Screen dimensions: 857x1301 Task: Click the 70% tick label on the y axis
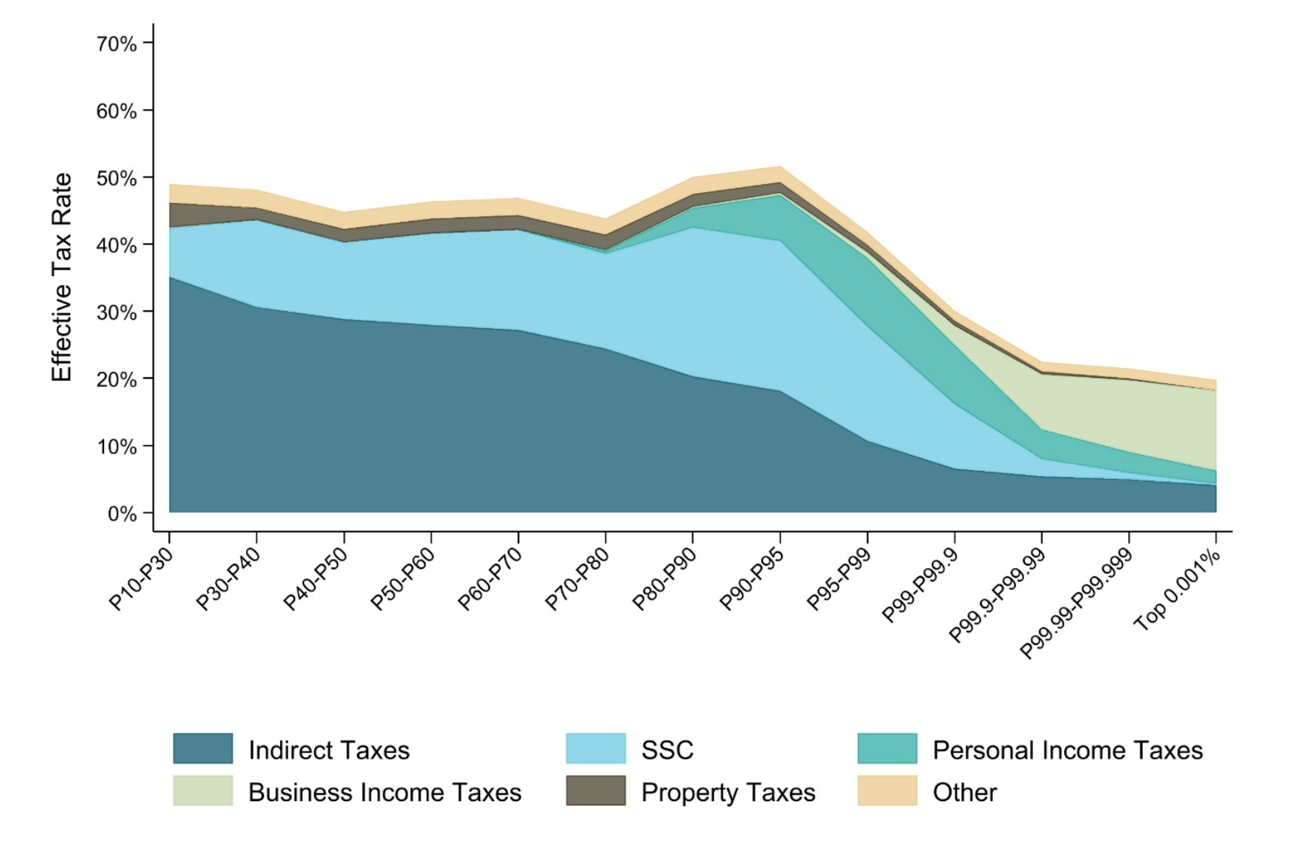coord(116,44)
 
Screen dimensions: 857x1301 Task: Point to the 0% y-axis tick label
coord(121,514)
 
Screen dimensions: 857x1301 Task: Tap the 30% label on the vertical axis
coord(116,312)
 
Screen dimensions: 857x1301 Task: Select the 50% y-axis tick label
coord(116,178)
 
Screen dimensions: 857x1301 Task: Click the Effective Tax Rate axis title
coord(61,278)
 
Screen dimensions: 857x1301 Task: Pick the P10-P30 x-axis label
coord(141,579)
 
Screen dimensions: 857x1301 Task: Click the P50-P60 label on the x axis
coord(403,579)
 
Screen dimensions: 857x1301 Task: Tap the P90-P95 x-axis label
coord(752,579)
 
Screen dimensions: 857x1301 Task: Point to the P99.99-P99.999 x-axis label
coord(1075,604)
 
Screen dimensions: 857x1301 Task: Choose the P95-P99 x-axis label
coord(838,579)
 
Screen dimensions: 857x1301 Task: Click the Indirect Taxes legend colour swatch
coord(202,748)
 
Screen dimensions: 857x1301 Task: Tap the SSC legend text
coord(667,750)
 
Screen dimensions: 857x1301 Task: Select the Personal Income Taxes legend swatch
coord(887,748)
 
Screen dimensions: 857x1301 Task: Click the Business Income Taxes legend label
coord(384,792)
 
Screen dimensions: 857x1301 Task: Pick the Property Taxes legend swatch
coord(595,791)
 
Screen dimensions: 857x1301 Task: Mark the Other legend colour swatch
coord(887,791)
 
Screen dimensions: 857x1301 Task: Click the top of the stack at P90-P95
coord(780,167)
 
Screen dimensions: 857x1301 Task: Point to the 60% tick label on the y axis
coord(116,111)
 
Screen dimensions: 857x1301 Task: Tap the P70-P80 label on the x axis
coord(577,579)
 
